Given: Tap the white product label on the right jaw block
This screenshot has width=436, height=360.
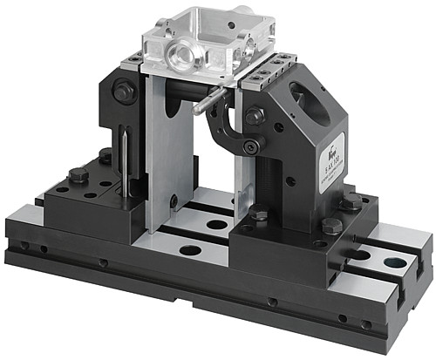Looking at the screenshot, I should [x=335, y=158].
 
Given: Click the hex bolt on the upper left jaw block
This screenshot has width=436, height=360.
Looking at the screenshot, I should [x=123, y=90].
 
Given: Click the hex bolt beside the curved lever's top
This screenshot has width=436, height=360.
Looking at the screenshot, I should [x=254, y=115].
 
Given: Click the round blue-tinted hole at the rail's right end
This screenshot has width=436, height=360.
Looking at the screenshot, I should [x=394, y=261].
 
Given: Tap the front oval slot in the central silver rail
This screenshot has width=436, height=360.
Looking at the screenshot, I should [x=189, y=250].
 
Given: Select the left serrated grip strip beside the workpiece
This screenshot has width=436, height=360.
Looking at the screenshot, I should [x=133, y=60].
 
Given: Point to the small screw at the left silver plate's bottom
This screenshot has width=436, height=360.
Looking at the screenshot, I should [x=174, y=201].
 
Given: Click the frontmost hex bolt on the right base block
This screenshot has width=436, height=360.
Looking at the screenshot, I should [x=331, y=225].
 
